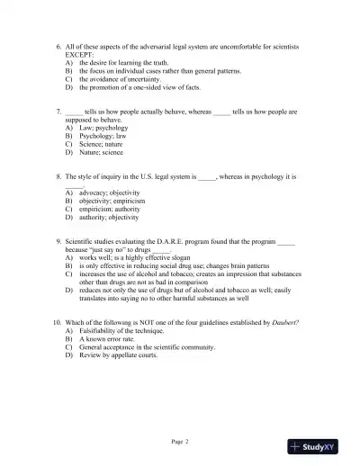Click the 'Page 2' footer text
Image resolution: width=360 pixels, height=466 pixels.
(x=179, y=443)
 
